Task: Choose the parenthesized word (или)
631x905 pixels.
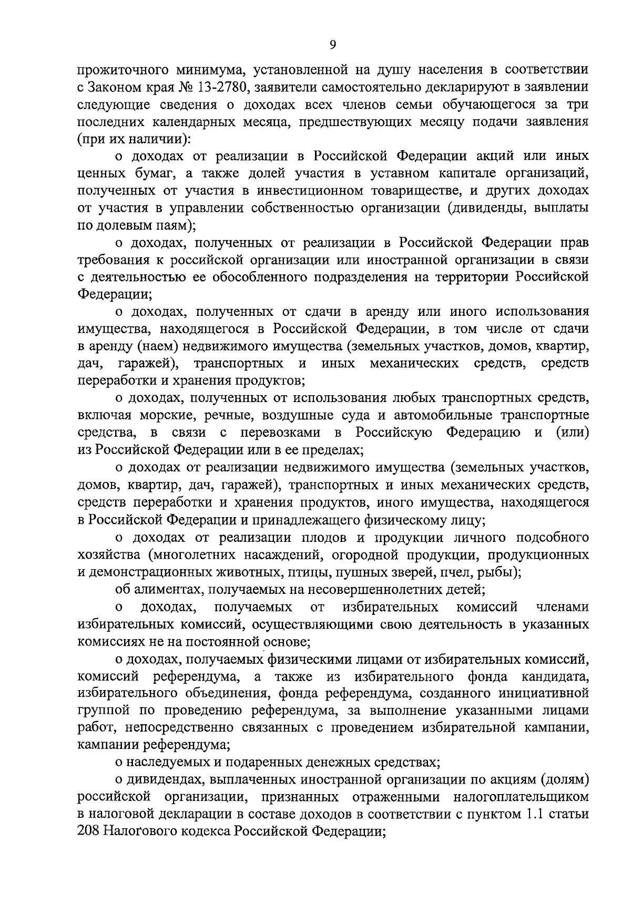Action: (572, 434)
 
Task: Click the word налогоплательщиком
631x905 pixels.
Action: (521, 798)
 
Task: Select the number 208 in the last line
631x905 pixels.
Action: (88, 832)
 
